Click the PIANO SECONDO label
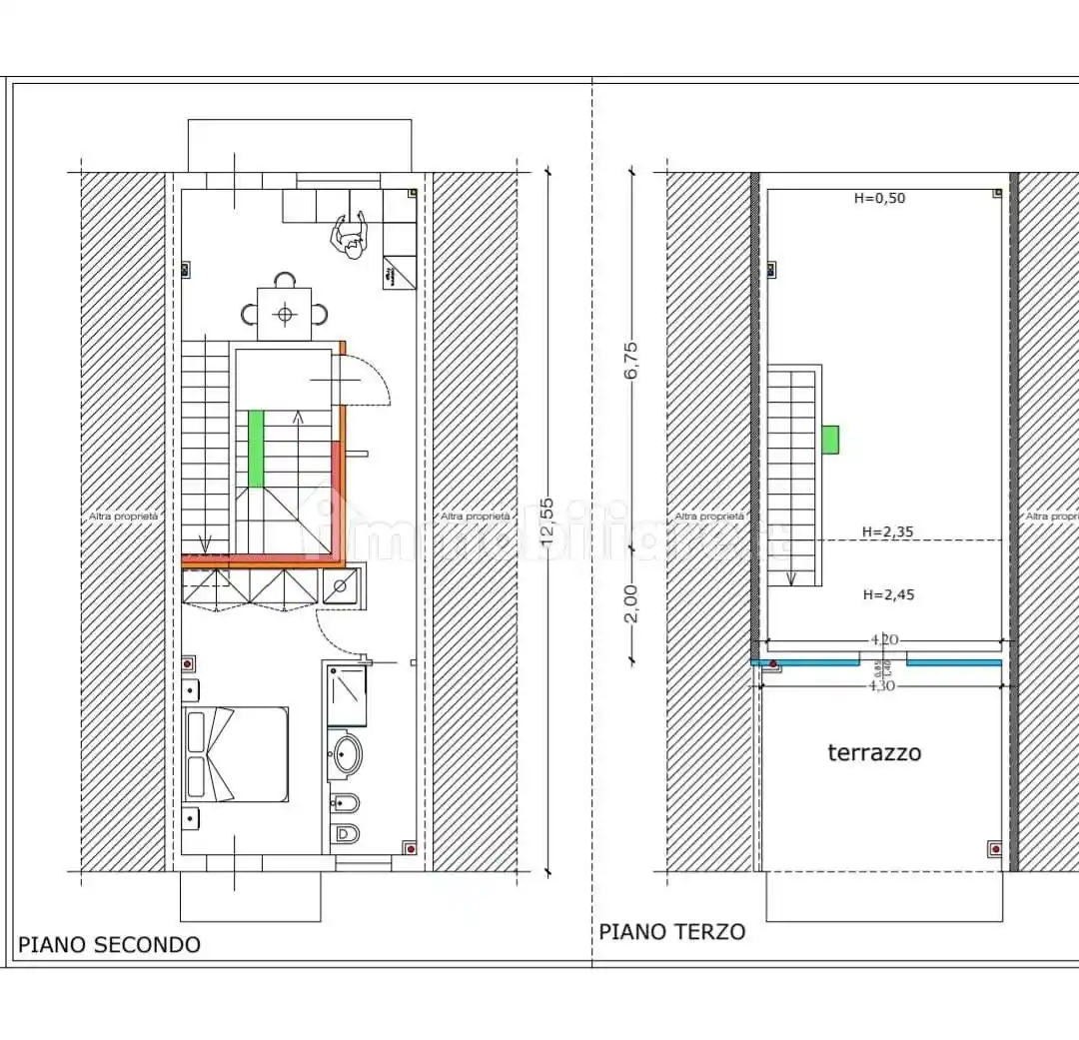(109, 944)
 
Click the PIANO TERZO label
(671, 932)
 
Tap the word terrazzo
(874, 753)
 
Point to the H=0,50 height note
(879, 198)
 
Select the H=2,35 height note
(888, 532)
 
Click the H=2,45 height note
(888, 594)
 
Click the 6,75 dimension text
(630, 361)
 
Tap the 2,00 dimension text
(630, 603)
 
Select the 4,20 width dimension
(881, 638)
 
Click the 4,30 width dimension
(881, 685)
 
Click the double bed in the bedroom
(237, 754)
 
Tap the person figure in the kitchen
(349, 237)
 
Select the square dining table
(285, 315)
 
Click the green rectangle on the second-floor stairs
(257, 449)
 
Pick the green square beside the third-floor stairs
(830, 439)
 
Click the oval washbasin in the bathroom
(345, 756)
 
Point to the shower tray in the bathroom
(347, 695)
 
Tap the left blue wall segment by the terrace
(806, 662)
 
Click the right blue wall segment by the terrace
(953, 662)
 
